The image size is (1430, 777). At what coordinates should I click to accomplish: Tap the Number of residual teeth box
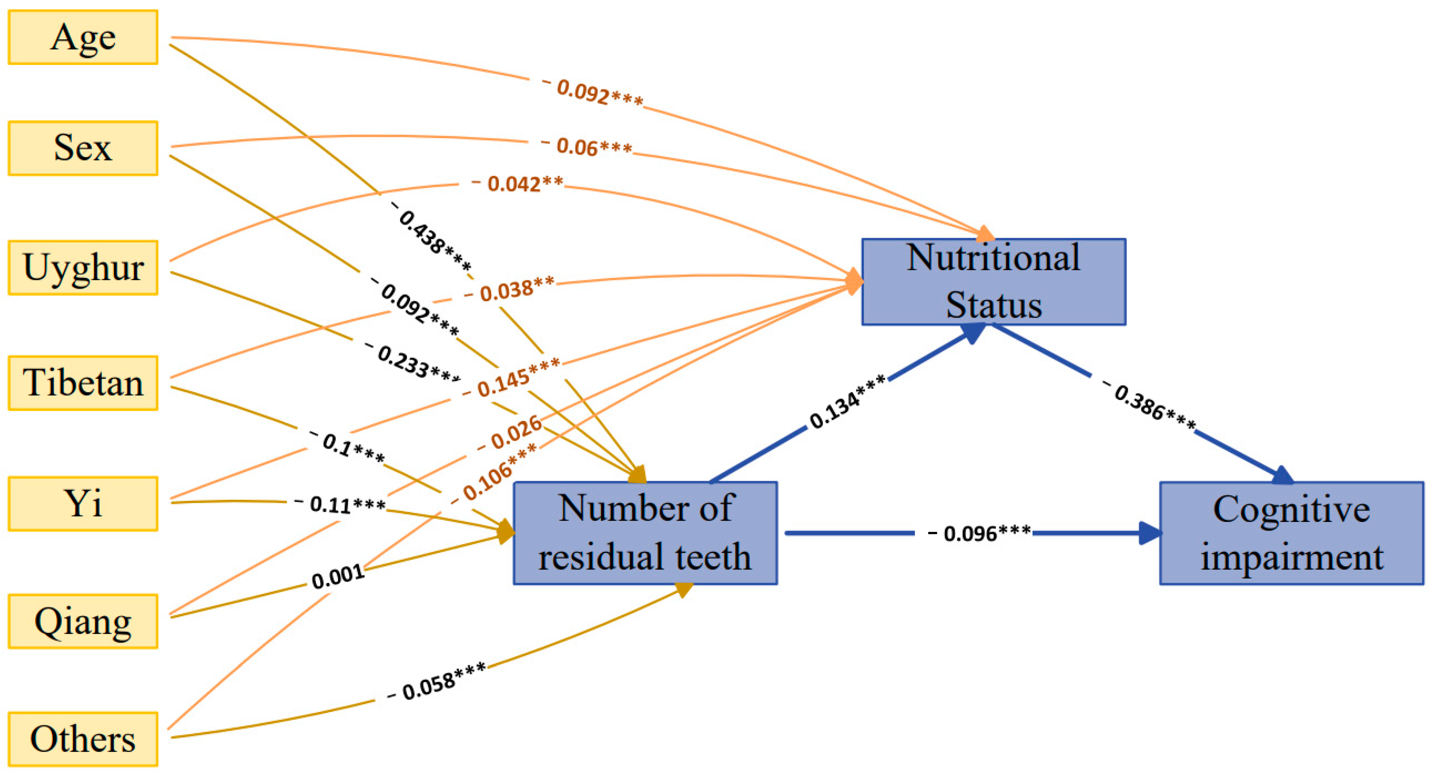645,533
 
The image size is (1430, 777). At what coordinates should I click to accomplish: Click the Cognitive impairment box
1291,533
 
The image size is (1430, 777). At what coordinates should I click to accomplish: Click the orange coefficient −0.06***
587,147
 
